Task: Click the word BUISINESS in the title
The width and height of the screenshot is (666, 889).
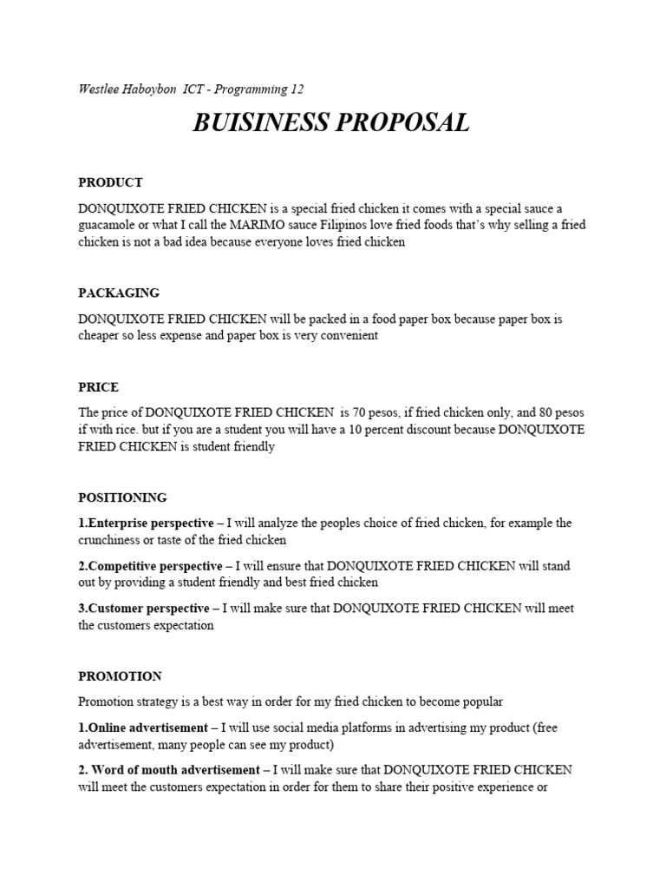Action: click(x=258, y=123)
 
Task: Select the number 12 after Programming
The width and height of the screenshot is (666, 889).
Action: click(x=297, y=89)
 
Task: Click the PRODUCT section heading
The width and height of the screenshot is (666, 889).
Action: click(x=110, y=182)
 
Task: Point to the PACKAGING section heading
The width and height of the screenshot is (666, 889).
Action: click(x=119, y=293)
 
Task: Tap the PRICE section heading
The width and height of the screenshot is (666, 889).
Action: click(x=98, y=386)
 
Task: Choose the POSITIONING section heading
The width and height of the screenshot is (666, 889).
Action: click(x=122, y=497)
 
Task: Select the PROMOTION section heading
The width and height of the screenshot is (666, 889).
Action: click(x=120, y=675)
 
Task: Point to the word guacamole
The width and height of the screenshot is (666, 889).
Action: click(x=112, y=225)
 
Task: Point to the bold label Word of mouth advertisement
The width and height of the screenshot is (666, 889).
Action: click(x=173, y=769)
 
